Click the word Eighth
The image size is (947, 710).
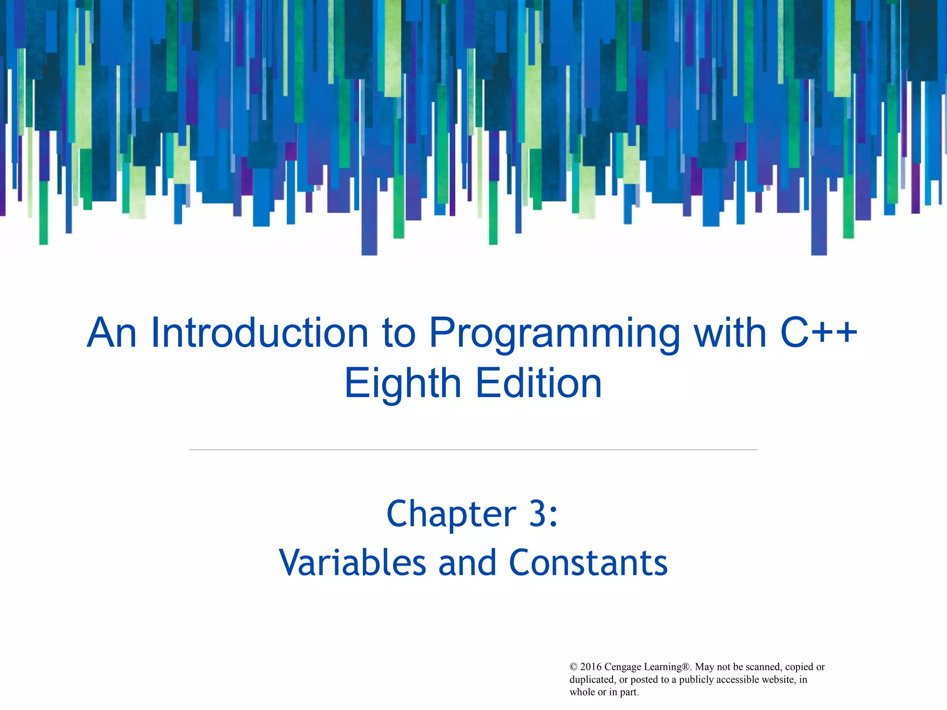click(x=403, y=385)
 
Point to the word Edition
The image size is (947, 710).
click(x=539, y=384)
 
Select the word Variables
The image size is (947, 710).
click(x=352, y=563)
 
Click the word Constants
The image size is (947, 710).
click(x=588, y=563)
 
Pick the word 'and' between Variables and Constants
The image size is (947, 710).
click(x=467, y=563)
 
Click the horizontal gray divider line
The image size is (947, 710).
click(x=473, y=449)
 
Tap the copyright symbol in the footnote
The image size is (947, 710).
click(x=573, y=667)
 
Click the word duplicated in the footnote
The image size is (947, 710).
click(x=591, y=679)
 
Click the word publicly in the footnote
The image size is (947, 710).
click(x=696, y=679)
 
